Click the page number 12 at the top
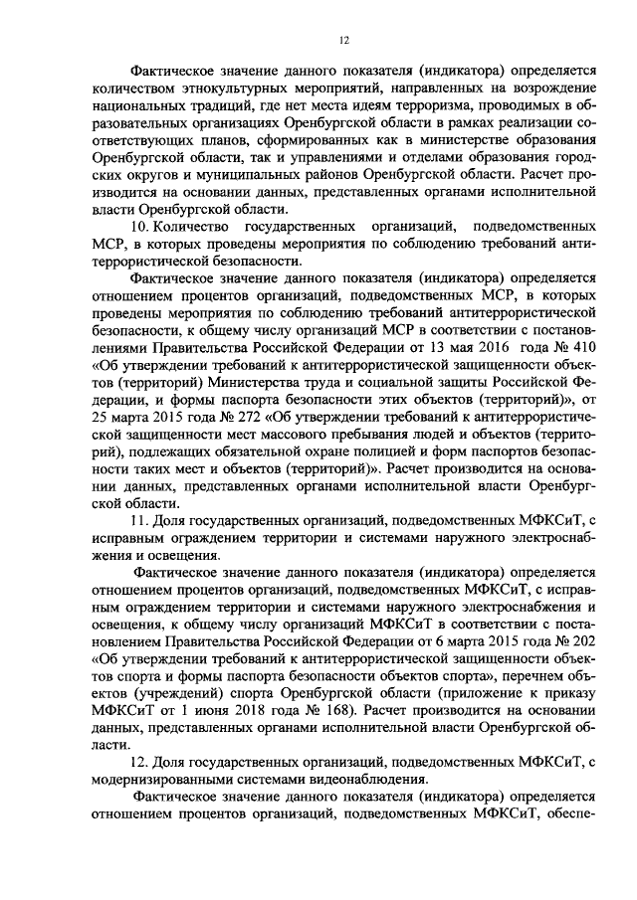343,40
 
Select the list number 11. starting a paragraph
142,519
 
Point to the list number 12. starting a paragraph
142,762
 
